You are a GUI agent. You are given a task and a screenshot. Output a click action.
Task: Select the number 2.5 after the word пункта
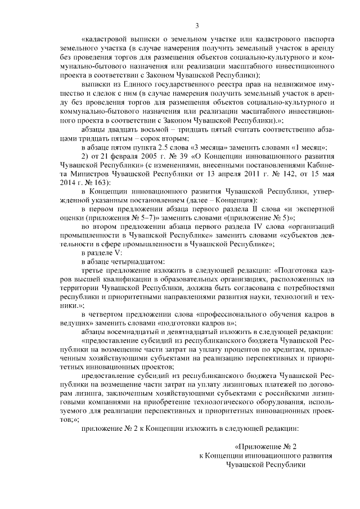tap(164, 147)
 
